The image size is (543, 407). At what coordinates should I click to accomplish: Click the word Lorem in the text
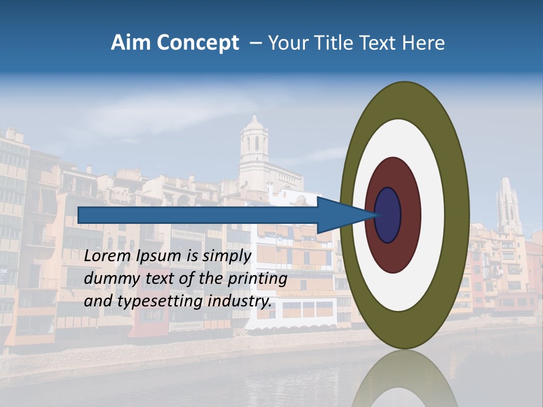107,256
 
